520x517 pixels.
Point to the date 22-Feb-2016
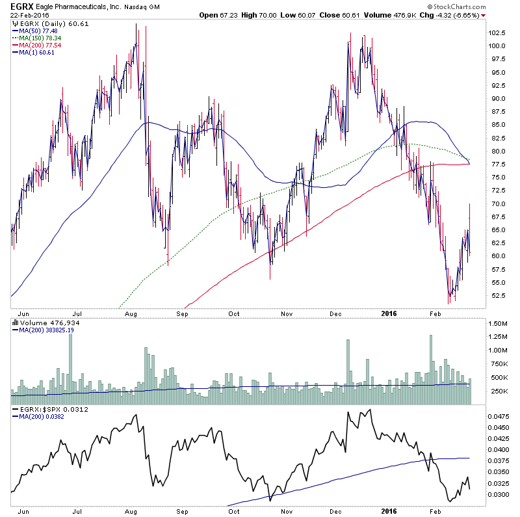(24, 15)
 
